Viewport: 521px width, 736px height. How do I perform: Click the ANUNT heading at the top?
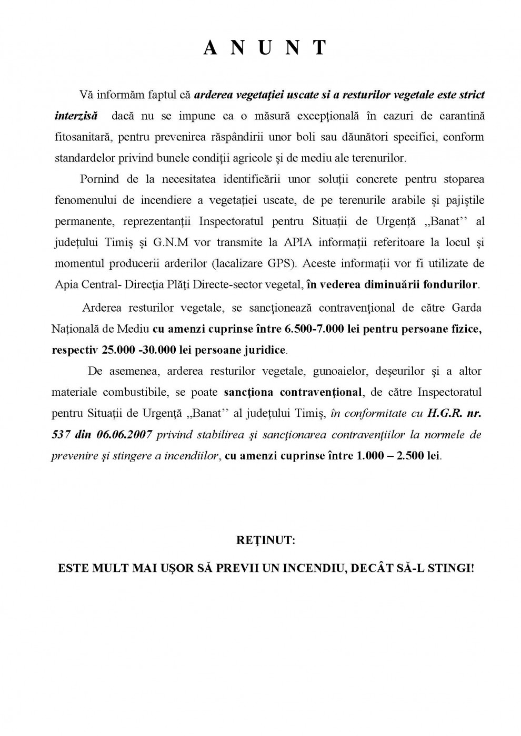click(265, 48)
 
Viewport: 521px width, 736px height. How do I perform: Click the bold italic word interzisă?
click(76, 116)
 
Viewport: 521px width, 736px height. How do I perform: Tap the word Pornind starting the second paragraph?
click(99, 179)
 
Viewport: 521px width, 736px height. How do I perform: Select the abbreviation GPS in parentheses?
click(277, 263)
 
